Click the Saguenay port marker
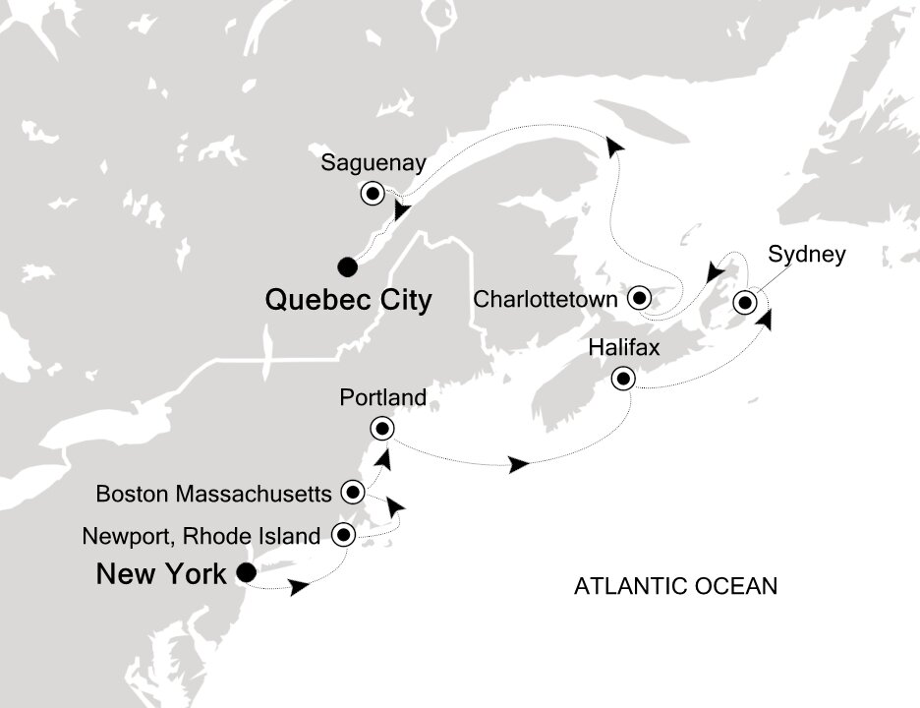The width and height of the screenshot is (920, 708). pyautogui.click(x=374, y=193)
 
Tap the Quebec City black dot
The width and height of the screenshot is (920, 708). pyautogui.click(x=345, y=265)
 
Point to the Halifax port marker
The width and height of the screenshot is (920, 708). pyautogui.click(x=622, y=379)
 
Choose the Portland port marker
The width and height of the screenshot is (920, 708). pyautogui.click(x=381, y=428)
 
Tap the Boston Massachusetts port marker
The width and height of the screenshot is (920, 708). pyautogui.click(x=353, y=491)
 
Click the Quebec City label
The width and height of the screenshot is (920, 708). pyautogui.click(x=348, y=300)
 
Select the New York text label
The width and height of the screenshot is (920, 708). pyautogui.click(x=161, y=573)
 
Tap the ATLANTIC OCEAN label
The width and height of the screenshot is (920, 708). pyautogui.click(x=675, y=587)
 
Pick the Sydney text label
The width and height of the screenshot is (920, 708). pyautogui.click(x=806, y=256)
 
